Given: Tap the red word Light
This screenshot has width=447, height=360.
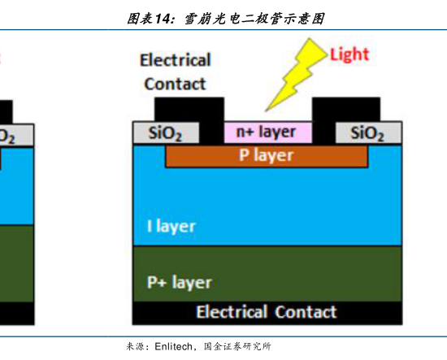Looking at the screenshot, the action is click(349, 54).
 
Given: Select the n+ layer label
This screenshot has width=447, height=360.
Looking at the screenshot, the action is click(266, 132).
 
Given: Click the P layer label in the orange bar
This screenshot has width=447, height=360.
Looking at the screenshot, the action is click(267, 156).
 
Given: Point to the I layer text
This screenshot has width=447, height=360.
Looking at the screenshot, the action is click(171, 227).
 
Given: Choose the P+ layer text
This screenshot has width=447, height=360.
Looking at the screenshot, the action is click(180, 283).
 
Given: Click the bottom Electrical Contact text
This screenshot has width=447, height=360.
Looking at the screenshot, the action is click(267, 311).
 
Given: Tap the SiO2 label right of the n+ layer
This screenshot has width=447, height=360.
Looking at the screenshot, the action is click(367, 133).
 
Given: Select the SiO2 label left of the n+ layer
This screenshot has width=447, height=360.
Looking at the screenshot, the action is click(165, 133).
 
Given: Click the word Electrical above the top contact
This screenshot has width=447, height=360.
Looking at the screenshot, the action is click(176, 60).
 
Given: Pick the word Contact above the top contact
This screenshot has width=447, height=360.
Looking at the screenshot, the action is click(175, 84).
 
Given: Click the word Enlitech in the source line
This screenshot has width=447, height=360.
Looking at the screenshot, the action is click(174, 346).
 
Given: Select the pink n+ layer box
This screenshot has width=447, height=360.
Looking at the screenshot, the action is click(268, 132).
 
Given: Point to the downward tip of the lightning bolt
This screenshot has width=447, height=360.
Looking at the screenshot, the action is click(266, 111).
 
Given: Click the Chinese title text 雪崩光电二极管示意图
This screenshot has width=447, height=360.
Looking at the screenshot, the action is click(254, 20).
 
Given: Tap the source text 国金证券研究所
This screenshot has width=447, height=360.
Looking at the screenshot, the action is click(237, 346).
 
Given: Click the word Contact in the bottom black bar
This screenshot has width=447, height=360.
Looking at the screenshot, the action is click(306, 311).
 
